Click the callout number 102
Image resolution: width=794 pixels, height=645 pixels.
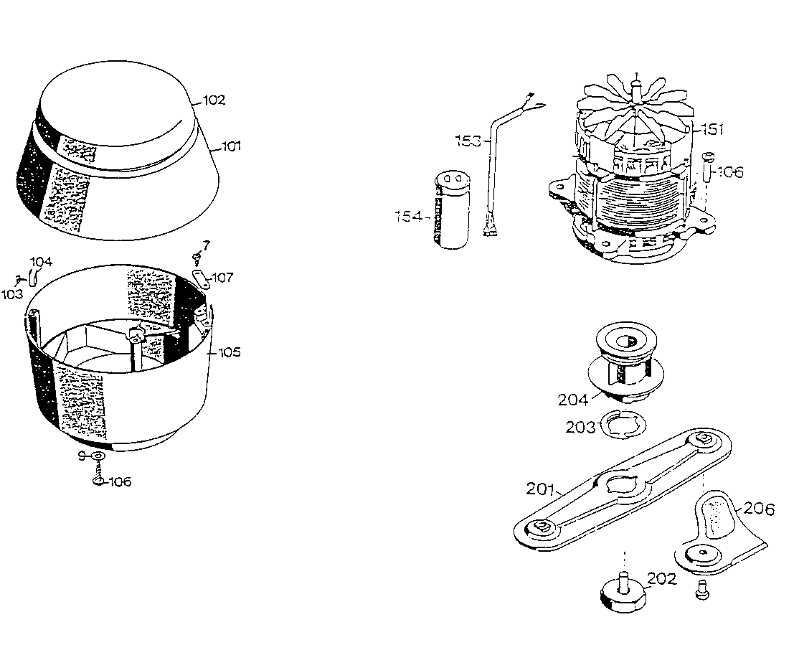point(214,100)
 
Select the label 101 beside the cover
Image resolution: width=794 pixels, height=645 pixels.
point(231,146)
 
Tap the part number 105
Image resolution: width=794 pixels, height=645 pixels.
point(230,352)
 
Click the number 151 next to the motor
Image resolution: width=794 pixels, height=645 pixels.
point(712,129)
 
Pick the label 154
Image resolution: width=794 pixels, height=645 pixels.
point(409,215)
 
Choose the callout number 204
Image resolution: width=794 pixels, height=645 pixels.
point(573,399)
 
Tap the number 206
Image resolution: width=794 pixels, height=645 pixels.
point(759,509)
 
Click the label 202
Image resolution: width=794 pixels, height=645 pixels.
point(661,578)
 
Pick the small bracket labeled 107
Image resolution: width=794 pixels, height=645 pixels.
point(203,279)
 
